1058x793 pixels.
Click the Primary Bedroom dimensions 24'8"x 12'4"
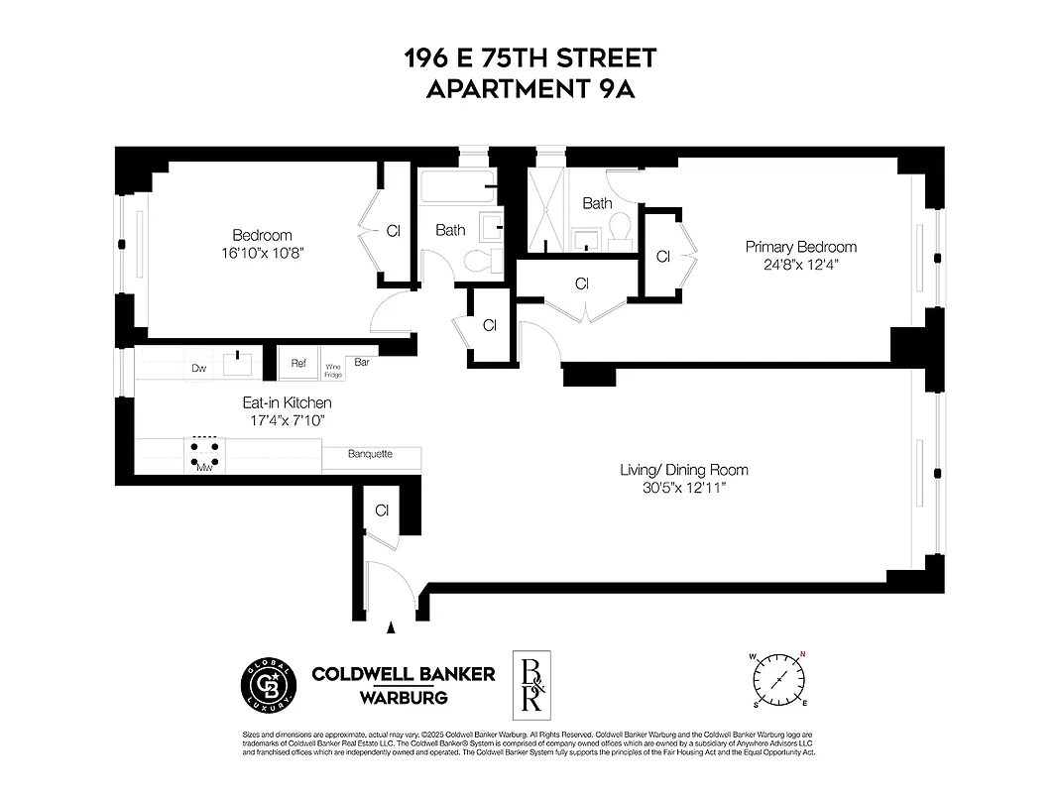800,265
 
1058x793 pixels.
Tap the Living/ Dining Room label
683,470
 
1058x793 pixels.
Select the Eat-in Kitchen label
288,403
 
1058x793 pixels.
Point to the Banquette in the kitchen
371,455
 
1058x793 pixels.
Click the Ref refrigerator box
297,363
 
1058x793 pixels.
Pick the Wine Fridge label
333,370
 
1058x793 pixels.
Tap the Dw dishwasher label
197,368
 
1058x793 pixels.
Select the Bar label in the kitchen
362,362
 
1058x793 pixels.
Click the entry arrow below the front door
391,627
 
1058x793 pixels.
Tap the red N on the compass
802,653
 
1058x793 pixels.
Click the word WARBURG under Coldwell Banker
403,698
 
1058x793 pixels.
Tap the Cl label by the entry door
382,510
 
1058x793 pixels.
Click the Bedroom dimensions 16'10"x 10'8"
262,253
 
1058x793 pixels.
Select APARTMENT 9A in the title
529,89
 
